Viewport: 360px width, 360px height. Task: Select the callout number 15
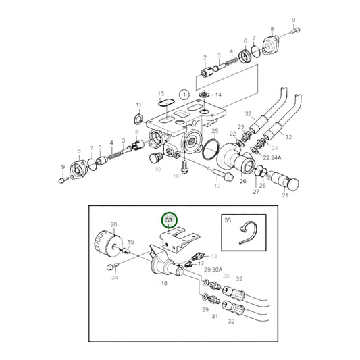point(161,93)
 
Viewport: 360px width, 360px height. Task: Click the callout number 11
point(138,105)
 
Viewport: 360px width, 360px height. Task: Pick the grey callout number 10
point(157,169)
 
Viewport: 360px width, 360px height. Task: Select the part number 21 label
point(285,195)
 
